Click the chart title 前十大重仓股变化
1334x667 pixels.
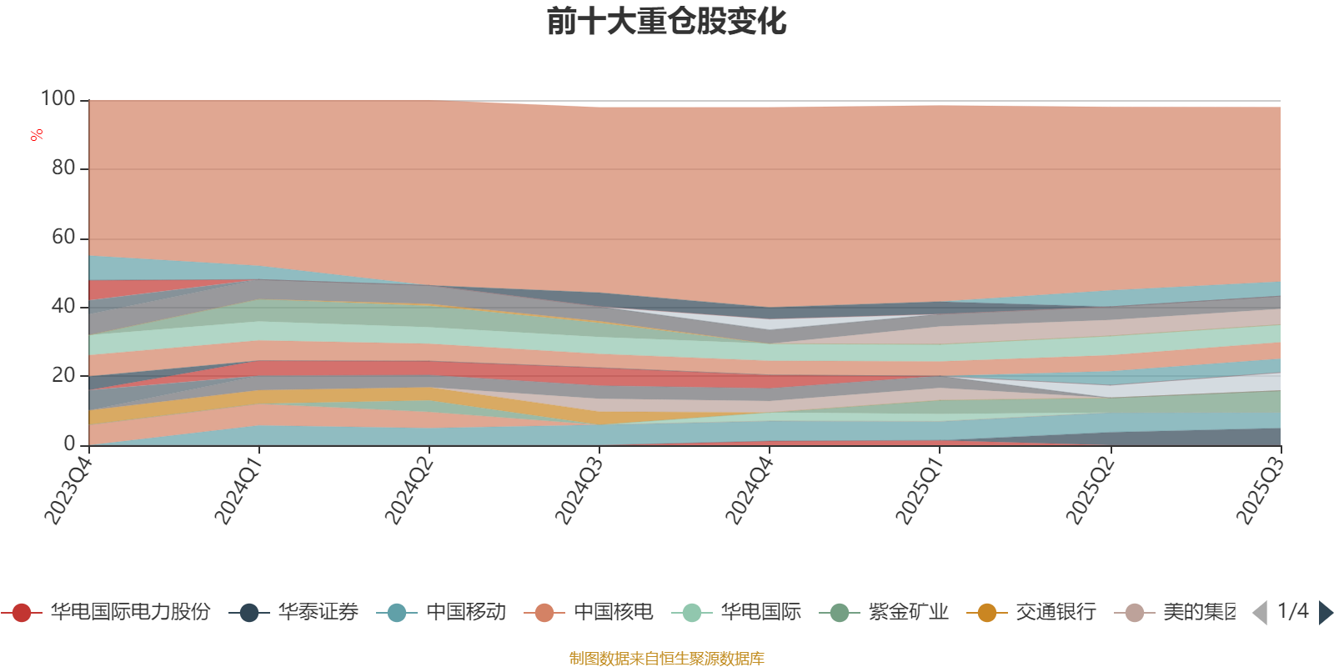pos(667,22)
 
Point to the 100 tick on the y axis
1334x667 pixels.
pos(58,99)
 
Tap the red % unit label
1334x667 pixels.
pos(37,134)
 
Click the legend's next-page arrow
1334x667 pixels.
pos(1326,613)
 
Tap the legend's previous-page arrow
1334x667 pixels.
pos(1260,613)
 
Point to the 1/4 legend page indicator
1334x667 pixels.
pos(1292,611)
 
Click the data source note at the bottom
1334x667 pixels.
pos(666,659)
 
